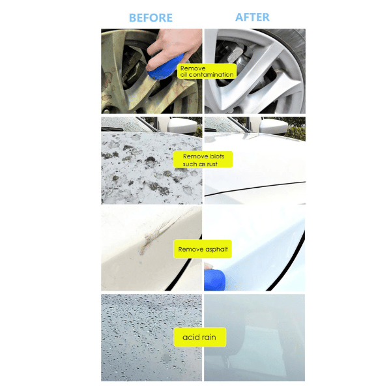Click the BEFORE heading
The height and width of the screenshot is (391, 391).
click(x=151, y=18)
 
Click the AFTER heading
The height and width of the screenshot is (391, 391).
click(x=252, y=17)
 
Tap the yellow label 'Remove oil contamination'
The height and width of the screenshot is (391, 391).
click(x=207, y=71)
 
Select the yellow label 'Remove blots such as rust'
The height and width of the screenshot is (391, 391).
click(x=203, y=160)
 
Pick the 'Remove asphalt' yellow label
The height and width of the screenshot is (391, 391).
click(x=203, y=249)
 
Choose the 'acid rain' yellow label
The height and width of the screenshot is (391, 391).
click(x=200, y=337)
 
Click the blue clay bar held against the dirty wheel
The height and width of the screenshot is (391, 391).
click(x=164, y=68)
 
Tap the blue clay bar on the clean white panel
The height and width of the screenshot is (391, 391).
click(x=214, y=280)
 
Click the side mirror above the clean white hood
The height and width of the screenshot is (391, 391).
click(x=274, y=126)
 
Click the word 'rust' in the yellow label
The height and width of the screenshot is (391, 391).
click(x=212, y=164)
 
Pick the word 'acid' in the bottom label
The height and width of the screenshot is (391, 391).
click(x=190, y=337)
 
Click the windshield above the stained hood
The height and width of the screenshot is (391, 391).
click(x=124, y=124)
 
